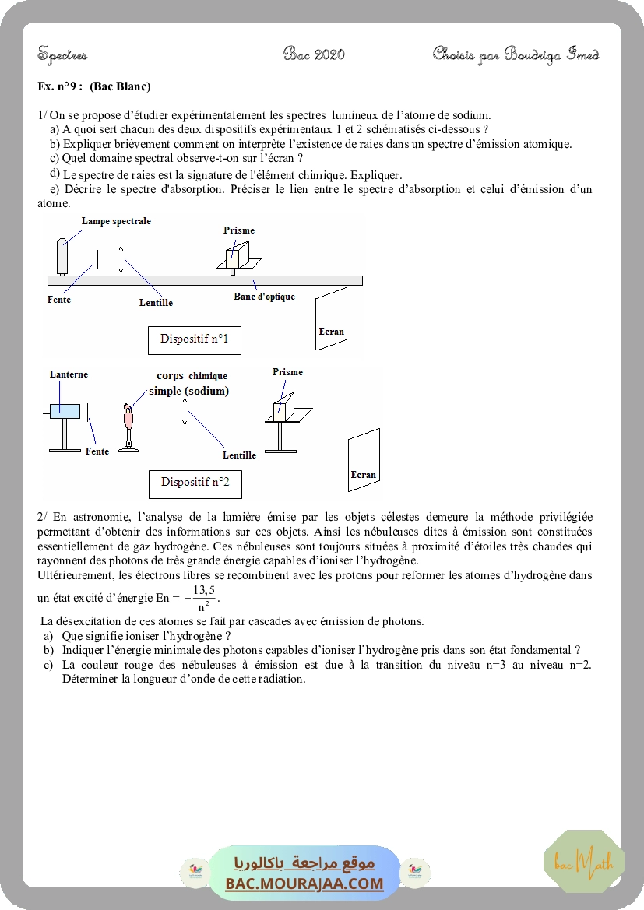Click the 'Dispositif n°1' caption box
pyautogui.click(x=194, y=339)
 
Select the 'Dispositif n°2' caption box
pyautogui.click(x=195, y=482)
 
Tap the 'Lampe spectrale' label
pyautogui.click(x=116, y=221)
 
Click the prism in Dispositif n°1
pyautogui.click(x=236, y=255)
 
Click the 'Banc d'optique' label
pyautogui.click(x=264, y=297)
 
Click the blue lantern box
pyautogui.click(x=65, y=411)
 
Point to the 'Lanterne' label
pyautogui.click(x=69, y=374)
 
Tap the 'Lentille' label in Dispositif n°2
pyautogui.click(x=239, y=455)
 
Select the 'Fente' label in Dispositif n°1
pyautogui.click(x=58, y=300)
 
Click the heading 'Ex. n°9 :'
pyautogui.click(x=60, y=86)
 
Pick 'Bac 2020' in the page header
pyautogui.click(x=314, y=54)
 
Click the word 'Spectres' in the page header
pyautogui.click(x=62, y=54)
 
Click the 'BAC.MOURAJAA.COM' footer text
pyautogui.click(x=304, y=884)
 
